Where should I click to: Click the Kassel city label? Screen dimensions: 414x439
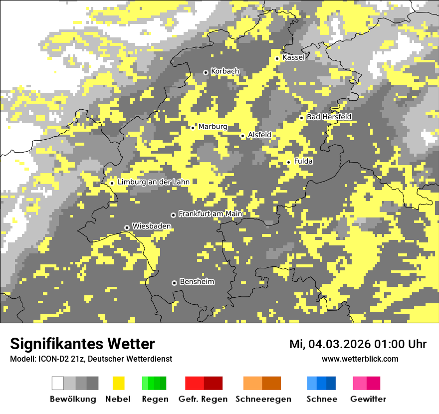[x=293, y=57]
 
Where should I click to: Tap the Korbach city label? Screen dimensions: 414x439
[x=225, y=71]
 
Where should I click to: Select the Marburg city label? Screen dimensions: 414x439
[x=213, y=127]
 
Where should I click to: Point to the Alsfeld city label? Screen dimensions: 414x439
[x=259, y=135]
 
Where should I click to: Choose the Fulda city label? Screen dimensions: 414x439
[x=303, y=161]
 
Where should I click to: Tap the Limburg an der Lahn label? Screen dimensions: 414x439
[x=154, y=182]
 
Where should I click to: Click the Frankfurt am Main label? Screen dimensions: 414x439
[x=210, y=214]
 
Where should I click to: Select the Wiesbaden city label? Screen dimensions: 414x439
[x=152, y=226]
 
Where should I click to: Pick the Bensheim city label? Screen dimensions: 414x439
[x=197, y=282]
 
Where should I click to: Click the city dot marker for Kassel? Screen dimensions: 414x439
[x=277, y=58]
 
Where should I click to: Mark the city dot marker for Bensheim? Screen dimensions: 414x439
[x=174, y=283]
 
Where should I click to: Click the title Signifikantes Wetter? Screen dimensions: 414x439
[x=82, y=344]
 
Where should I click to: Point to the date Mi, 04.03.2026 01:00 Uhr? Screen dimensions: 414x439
[x=358, y=344]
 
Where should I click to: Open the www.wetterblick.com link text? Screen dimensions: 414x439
[x=360, y=359]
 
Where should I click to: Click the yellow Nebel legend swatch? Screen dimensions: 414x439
[x=118, y=383]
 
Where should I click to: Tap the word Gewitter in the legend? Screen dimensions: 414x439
[x=368, y=399]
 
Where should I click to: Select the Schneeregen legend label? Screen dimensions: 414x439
[x=263, y=399]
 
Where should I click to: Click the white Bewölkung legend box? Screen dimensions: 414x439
[x=58, y=383]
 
